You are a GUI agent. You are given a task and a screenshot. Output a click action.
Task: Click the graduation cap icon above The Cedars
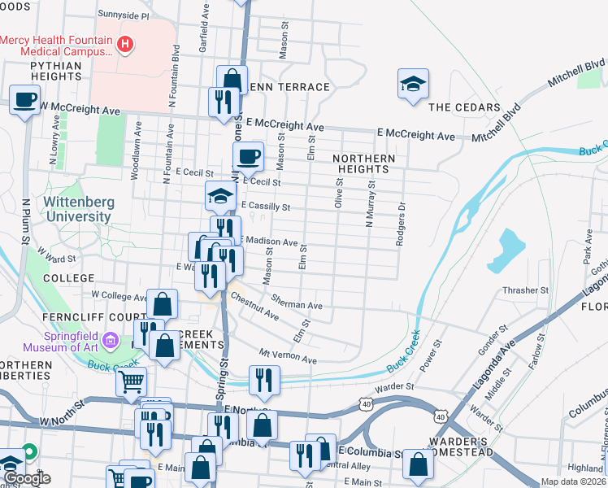pyautogui.click(x=413, y=83)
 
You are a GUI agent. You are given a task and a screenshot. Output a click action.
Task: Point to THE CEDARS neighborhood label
pyautogui.click(x=463, y=107)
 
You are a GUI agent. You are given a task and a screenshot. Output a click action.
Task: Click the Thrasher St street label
pyautogui.click(x=526, y=290)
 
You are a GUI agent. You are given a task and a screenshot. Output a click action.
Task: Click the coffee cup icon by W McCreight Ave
pyautogui.click(x=24, y=100)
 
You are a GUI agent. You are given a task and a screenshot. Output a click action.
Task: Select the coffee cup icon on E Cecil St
pyautogui.click(x=248, y=155)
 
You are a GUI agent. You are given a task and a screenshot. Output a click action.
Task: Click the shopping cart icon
pyautogui.click(x=130, y=380)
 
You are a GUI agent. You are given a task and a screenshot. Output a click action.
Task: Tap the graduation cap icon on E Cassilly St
pyautogui.click(x=219, y=196)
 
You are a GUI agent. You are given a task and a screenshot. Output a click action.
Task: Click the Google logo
pyautogui.click(x=27, y=479)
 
